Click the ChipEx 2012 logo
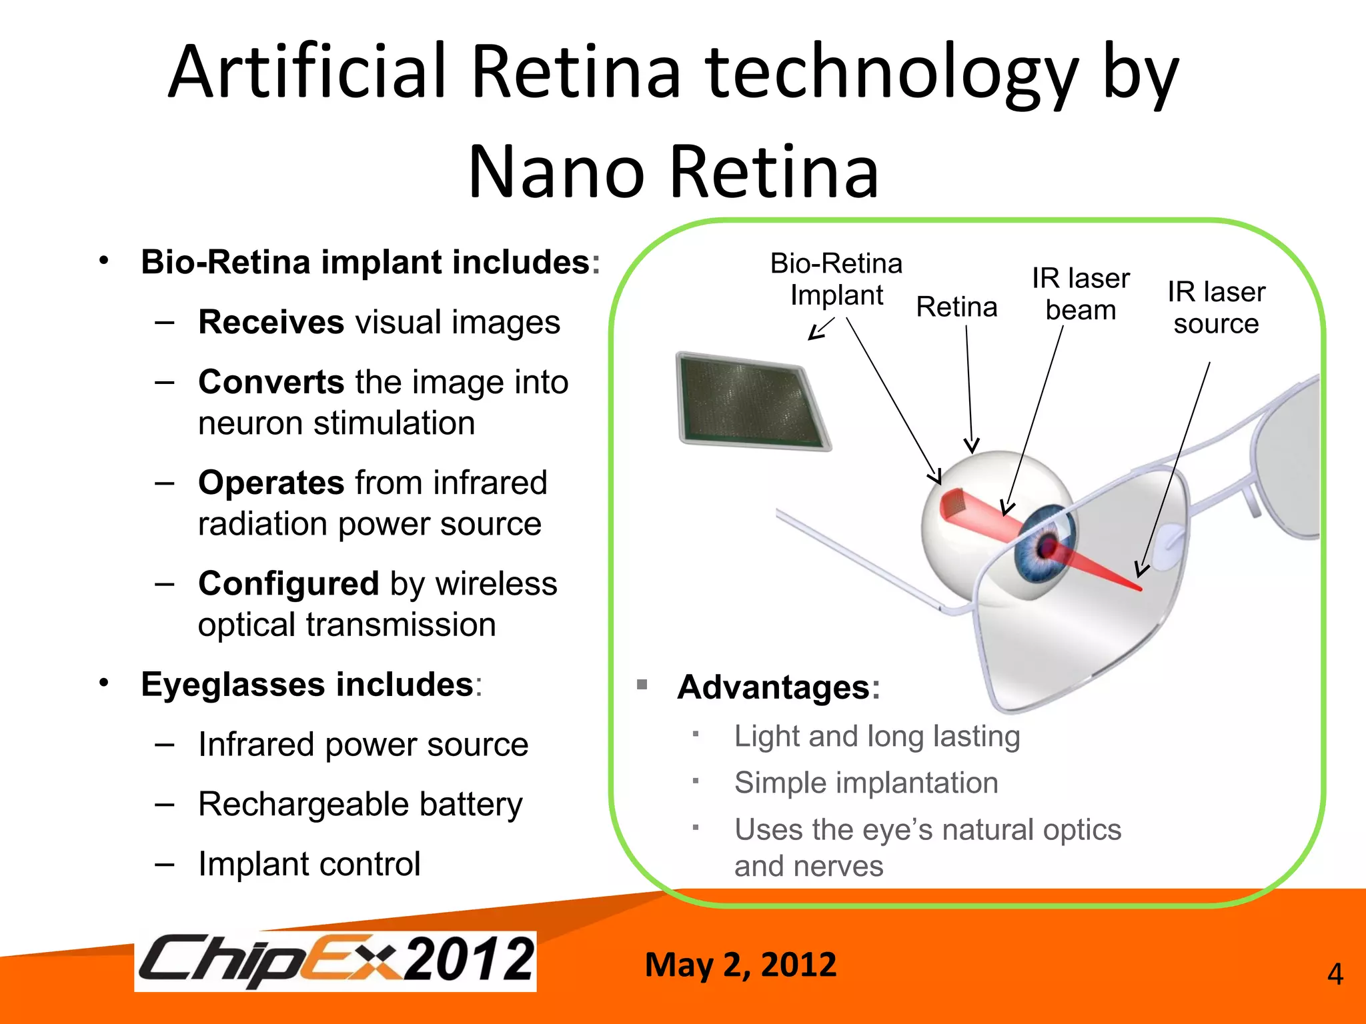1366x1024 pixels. click(x=335, y=961)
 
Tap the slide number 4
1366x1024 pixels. click(x=1335, y=975)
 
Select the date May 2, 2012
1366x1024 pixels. click(x=740, y=965)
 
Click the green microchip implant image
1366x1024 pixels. click(x=753, y=401)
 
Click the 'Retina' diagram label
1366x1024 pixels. click(x=956, y=307)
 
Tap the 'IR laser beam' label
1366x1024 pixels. click(x=1081, y=294)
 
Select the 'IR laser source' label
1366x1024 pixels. click(x=1216, y=307)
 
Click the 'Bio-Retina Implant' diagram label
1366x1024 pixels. click(x=836, y=279)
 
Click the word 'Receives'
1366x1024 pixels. click(x=271, y=323)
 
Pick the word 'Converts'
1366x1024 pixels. click(x=271, y=383)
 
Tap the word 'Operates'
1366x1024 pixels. click(x=271, y=483)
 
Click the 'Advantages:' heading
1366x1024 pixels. click(x=778, y=687)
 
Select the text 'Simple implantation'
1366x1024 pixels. click(x=866, y=783)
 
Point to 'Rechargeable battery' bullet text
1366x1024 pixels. click(x=360, y=804)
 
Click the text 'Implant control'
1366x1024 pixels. click(x=309, y=864)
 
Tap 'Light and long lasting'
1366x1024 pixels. click(x=877, y=737)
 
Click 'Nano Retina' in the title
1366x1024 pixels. click(x=674, y=172)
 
